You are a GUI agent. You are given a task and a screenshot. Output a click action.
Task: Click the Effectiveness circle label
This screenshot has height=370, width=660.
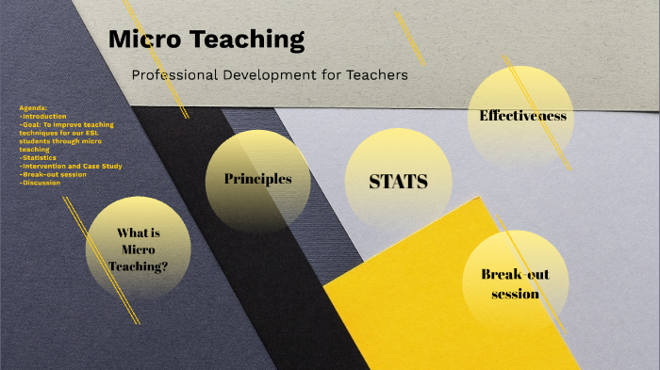(522, 116)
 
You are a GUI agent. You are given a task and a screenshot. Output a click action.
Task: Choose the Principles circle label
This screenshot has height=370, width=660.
(257, 179)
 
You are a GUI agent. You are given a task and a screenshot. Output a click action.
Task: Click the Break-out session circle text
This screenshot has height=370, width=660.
(515, 283)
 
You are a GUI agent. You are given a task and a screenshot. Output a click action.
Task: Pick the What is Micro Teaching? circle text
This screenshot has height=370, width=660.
(138, 249)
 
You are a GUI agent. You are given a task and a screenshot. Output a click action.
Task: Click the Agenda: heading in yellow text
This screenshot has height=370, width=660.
(32, 108)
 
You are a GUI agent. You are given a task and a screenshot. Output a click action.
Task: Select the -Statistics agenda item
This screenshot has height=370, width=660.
(37, 158)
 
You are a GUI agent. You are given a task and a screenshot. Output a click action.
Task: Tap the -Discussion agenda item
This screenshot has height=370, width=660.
(40, 183)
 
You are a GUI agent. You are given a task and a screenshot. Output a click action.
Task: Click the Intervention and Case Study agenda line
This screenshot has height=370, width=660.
(71, 167)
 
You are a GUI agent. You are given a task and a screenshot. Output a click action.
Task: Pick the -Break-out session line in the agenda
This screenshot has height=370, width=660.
(53, 174)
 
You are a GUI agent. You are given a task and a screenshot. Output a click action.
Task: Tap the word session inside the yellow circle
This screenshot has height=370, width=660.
(515, 294)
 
